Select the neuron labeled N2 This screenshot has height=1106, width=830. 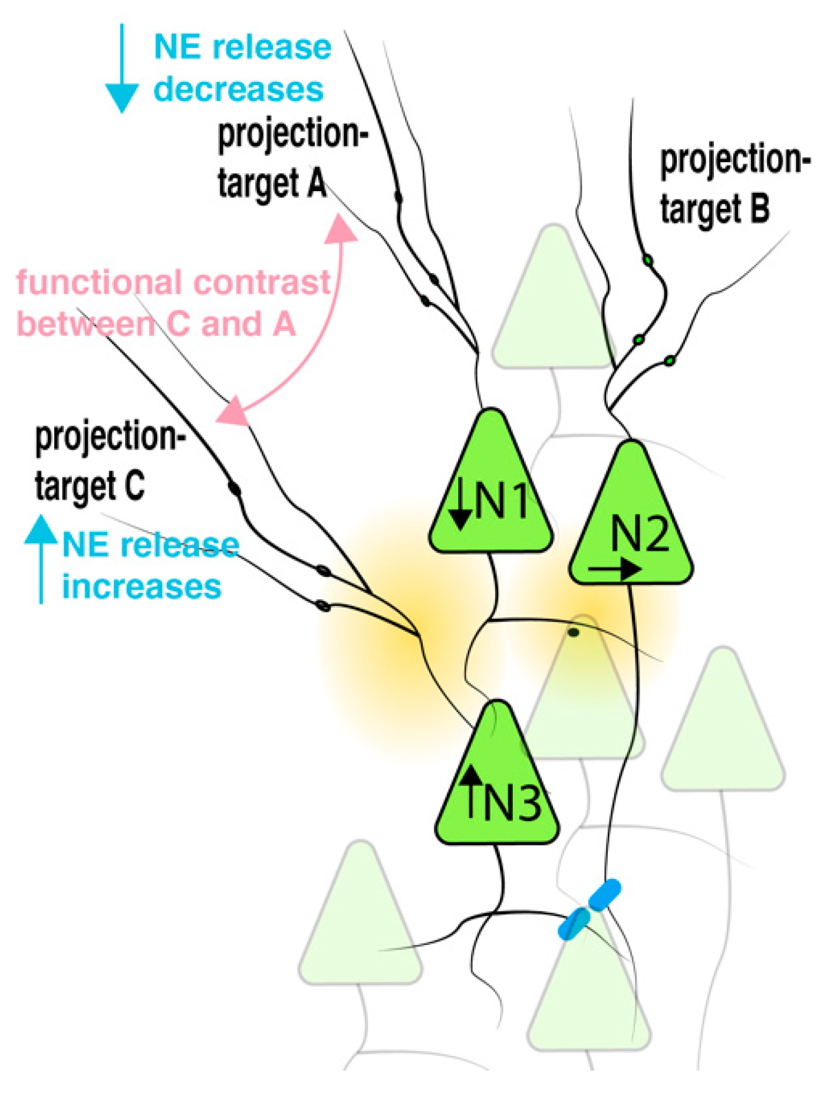pyautogui.click(x=631, y=525)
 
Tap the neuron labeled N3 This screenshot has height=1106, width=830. pyautogui.click(x=497, y=785)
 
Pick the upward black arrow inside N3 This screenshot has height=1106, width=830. pyautogui.click(x=470, y=790)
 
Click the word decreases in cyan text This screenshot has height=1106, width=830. pyautogui.click(x=239, y=90)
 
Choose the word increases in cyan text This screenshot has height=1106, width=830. pyautogui.click(x=142, y=587)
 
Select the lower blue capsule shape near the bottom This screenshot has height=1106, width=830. pyautogui.click(x=574, y=923)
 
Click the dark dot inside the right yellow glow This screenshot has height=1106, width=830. pyautogui.click(x=573, y=632)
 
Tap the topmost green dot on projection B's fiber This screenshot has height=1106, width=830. pyautogui.click(x=648, y=260)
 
